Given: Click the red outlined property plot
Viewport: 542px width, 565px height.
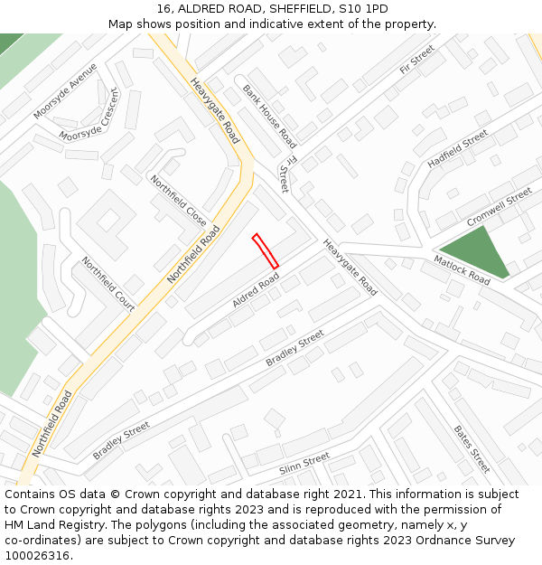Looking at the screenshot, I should tap(265, 250).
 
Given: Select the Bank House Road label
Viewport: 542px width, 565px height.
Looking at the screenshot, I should tap(269, 117).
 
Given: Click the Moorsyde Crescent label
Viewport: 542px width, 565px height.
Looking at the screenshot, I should tap(89, 115).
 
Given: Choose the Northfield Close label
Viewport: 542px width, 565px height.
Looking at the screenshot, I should tap(179, 201).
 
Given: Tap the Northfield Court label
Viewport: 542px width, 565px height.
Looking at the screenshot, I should tap(108, 284).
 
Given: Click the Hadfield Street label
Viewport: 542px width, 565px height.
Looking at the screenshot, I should tap(457, 147).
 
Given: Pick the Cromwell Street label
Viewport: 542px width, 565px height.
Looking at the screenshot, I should tap(500, 208).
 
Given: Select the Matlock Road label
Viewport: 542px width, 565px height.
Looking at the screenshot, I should tap(461, 269).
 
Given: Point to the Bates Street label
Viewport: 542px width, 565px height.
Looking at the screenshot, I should tap(472, 448).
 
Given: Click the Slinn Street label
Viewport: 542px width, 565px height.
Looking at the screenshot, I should tap(304, 463).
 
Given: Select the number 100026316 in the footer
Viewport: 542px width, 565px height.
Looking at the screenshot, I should tap(37, 556).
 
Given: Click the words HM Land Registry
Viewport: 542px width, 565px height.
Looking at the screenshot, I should tap(51, 525).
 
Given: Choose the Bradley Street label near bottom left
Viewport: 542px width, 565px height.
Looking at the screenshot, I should tap(120, 440).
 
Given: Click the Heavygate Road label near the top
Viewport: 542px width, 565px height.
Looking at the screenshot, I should tap(215, 110).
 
